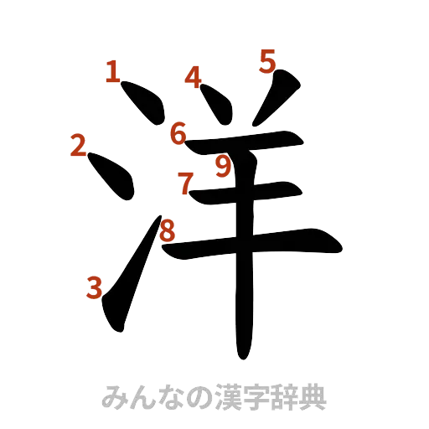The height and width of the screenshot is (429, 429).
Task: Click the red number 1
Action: click(111, 73)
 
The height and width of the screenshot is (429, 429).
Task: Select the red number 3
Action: click(95, 289)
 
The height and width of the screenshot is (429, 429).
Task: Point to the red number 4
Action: click(194, 79)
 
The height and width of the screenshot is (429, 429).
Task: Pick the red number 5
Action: click(266, 61)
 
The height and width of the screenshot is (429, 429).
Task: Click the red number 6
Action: click(178, 132)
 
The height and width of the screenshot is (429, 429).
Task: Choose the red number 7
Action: click(184, 182)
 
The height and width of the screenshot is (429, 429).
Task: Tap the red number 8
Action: click(168, 230)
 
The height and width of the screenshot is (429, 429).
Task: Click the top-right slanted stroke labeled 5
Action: click(277, 92)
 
